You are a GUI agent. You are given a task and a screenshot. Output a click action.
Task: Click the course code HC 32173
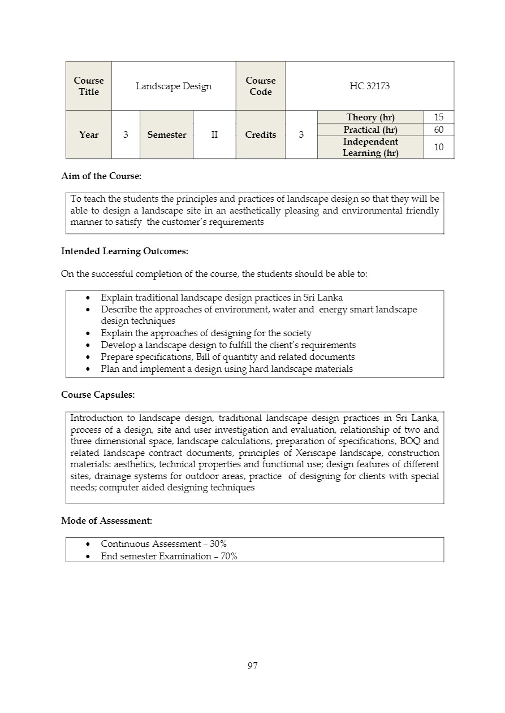(369, 86)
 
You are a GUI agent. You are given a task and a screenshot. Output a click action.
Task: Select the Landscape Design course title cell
(174, 86)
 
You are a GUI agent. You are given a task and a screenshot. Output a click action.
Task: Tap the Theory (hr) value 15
(439, 117)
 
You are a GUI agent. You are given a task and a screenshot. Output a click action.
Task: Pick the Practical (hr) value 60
(439, 129)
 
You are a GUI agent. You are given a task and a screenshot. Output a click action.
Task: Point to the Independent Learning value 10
(439, 147)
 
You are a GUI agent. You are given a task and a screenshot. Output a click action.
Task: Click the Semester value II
(214, 134)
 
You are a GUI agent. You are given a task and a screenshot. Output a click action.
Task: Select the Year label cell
(89, 134)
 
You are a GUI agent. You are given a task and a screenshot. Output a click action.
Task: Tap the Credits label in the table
(261, 134)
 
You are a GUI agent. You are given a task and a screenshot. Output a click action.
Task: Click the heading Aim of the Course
(101, 176)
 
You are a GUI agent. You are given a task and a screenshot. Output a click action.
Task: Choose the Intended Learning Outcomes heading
(124, 251)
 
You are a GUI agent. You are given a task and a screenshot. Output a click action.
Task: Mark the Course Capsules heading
(98, 394)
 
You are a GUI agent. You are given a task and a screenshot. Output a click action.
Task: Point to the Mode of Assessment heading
(106, 520)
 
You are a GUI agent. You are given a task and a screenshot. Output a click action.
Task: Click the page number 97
(252, 666)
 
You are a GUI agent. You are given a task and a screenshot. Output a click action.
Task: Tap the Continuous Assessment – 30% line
(163, 544)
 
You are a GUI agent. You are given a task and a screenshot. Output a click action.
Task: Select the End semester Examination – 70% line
(169, 556)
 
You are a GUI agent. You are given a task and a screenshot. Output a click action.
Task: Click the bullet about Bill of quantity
(227, 357)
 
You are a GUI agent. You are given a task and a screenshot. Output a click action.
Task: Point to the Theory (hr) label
(370, 117)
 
